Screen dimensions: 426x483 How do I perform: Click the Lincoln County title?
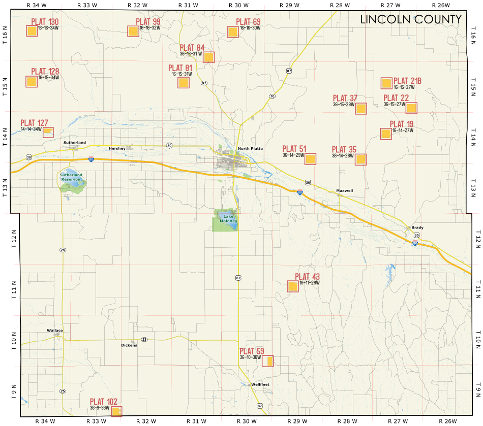pyautogui.click(x=411, y=20)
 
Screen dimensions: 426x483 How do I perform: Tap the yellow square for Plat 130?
pyautogui.click(x=32, y=31)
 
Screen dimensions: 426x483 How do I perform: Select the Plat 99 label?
pyautogui.click(x=148, y=22)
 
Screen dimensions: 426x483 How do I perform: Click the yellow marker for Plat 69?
pyautogui.click(x=232, y=32)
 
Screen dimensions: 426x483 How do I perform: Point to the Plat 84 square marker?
pyautogui.click(x=208, y=57)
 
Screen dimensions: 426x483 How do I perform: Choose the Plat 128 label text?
pyautogui.click(x=45, y=72)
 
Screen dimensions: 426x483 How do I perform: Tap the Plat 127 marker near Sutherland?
pyautogui.click(x=48, y=132)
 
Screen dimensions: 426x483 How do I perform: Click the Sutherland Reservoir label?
pyautogui.click(x=71, y=177)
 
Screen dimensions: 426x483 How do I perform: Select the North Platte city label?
pyautogui.click(x=250, y=148)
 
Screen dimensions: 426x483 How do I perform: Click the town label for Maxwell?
pyautogui.click(x=344, y=191)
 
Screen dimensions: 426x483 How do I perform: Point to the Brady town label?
pyautogui.click(x=417, y=227)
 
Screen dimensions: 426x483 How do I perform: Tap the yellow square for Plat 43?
pyautogui.click(x=293, y=286)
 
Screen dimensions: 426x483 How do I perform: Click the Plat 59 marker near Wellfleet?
pyautogui.click(x=268, y=361)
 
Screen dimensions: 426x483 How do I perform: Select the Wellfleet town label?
pyautogui.click(x=260, y=384)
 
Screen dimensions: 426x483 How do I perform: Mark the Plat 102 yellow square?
pyautogui.click(x=116, y=411)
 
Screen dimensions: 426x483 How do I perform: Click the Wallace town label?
pyautogui.click(x=55, y=331)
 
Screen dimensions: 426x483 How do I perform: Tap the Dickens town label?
pyautogui.click(x=129, y=345)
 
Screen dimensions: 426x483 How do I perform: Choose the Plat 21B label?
pyautogui.click(x=407, y=81)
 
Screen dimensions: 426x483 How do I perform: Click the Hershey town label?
pyautogui.click(x=117, y=148)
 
